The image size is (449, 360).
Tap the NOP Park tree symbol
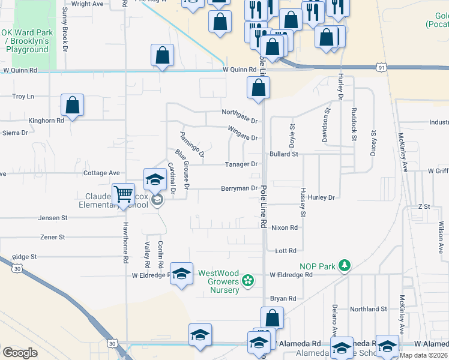click(x=345, y=265)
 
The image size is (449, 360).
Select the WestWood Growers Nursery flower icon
click(x=247, y=280)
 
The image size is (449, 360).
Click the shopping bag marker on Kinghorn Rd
click(x=72, y=106)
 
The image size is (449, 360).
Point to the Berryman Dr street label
click(x=240, y=188)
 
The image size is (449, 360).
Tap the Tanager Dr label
click(x=241, y=164)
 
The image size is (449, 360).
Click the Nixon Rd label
click(x=285, y=228)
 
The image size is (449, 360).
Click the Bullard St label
click(x=284, y=154)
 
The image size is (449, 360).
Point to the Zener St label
click(x=52, y=237)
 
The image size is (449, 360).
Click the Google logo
click(x=20, y=353)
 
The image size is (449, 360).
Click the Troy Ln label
click(x=23, y=96)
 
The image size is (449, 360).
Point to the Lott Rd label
click(x=286, y=251)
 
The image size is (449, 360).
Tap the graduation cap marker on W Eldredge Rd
click(x=182, y=274)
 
